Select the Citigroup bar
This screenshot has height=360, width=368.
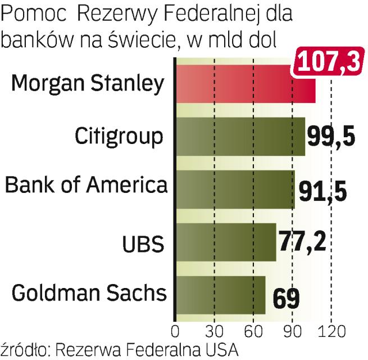point(240,136)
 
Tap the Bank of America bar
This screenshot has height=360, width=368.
point(235,189)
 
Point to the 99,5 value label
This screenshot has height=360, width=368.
point(331,137)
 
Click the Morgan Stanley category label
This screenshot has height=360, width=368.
point(88,84)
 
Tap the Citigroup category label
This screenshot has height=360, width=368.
point(120,137)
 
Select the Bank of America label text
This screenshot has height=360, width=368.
point(86,184)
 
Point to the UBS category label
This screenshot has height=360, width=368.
point(143,244)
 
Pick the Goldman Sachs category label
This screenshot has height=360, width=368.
point(89,293)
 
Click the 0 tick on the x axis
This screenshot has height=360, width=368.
point(175,330)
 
